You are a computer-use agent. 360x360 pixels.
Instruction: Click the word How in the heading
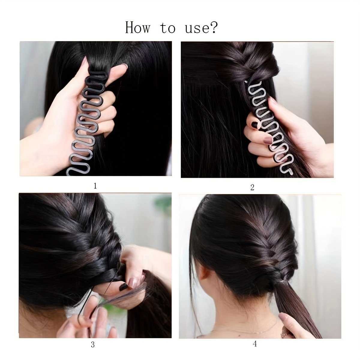137,28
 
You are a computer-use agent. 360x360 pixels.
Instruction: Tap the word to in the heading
168,28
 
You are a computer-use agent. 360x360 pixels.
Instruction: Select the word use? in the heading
201,28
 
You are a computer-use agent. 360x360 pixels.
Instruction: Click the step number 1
95,186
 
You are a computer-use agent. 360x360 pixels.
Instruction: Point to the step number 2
252,187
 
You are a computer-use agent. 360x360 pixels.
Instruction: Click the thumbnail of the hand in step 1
124,66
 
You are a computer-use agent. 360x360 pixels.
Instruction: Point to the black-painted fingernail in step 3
123,292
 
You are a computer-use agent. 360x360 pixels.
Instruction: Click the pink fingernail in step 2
268,139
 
